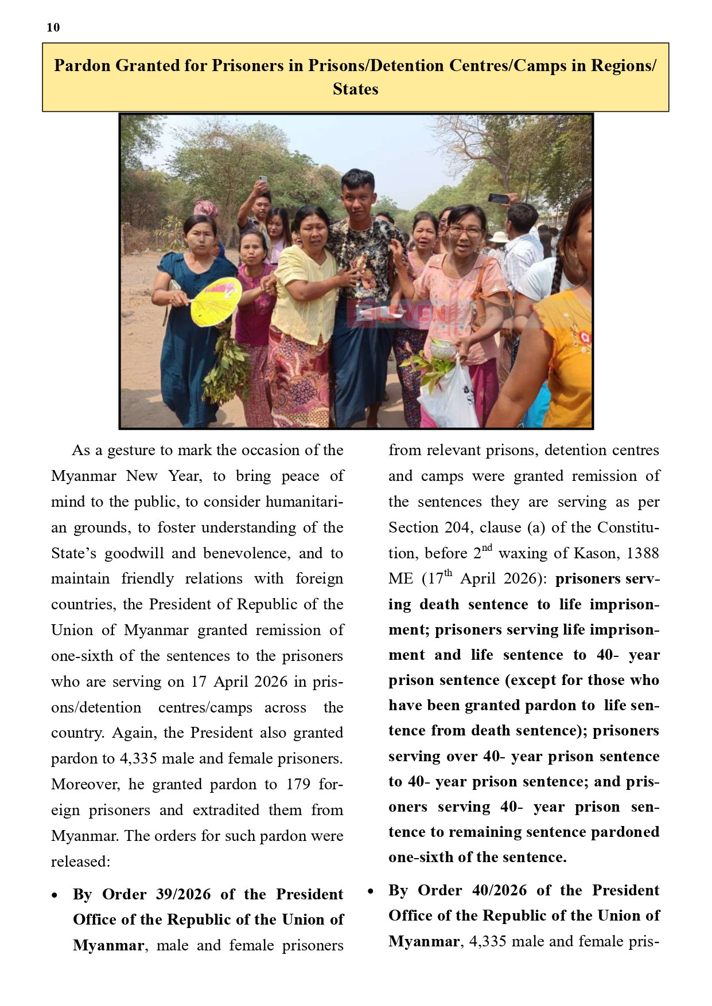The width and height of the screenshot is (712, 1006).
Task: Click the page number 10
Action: pos(53,28)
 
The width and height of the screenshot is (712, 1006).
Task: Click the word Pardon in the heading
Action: pos(82,65)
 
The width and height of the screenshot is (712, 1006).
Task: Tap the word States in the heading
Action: pos(355,89)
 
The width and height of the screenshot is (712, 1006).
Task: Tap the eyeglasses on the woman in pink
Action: pos(465,231)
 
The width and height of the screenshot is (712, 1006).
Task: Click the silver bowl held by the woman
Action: pos(442,349)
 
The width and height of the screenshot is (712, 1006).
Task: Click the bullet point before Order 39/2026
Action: pos(55,895)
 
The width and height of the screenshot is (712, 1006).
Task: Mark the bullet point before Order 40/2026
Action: pos(370,891)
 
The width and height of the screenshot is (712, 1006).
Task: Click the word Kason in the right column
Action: pos(595,553)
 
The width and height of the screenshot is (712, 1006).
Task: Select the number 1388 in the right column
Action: pos(643,553)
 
